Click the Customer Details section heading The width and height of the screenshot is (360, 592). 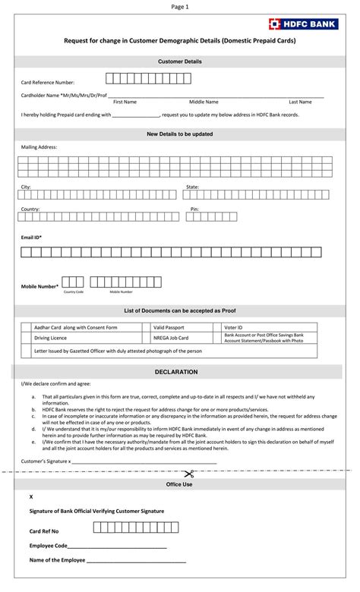(x=180, y=61)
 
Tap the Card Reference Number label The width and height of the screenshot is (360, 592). (x=47, y=81)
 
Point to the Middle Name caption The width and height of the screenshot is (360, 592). (x=204, y=102)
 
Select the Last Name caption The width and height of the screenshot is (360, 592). (x=300, y=102)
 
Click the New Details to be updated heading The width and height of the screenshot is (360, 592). (x=180, y=134)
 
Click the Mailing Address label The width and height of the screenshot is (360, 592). (x=39, y=147)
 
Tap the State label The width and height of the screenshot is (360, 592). (x=192, y=187)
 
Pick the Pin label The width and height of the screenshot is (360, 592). (x=194, y=209)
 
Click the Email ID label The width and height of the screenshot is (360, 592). (x=31, y=238)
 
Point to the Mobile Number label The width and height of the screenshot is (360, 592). (x=39, y=286)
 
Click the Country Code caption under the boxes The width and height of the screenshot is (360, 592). (x=74, y=291)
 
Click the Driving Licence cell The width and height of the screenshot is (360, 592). (x=50, y=338)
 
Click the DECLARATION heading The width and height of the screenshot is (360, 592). (x=176, y=372)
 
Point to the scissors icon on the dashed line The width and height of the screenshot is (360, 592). (x=189, y=474)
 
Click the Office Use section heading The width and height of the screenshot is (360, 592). (x=180, y=484)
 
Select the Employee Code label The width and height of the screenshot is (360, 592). (x=49, y=546)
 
